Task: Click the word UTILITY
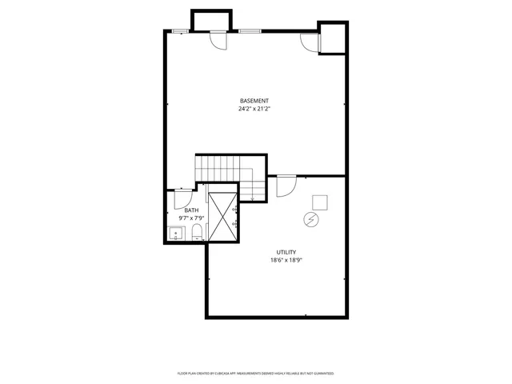[286, 252]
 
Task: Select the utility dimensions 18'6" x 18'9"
[286, 260]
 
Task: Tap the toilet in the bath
[197, 233]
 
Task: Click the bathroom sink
[177, 234]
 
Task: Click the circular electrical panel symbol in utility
[310, 218]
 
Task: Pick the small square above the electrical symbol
[319, 202]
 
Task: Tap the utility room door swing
[284, 186]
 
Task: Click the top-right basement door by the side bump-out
[309, 42]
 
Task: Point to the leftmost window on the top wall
[181, 30]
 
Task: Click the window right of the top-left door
[249, 30]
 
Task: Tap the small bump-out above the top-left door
[211, 20]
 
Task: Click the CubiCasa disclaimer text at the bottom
[255, 374]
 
